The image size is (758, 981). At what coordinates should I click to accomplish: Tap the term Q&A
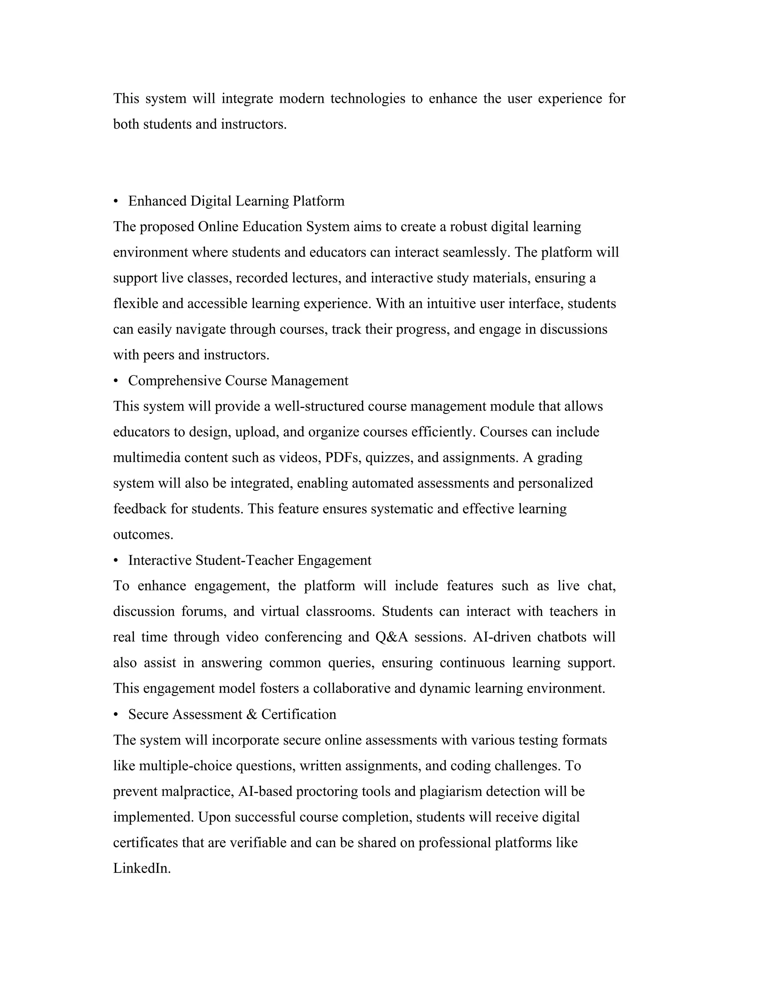(391, 637)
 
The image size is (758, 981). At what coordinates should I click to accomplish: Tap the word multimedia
(147, 457)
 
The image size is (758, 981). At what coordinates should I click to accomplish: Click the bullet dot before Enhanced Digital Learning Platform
(116, 201)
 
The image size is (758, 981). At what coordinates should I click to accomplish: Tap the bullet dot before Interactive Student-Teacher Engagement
(116, 560)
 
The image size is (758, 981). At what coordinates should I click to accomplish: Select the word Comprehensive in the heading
(175, 381)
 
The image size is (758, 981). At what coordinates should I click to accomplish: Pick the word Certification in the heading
(299, 714)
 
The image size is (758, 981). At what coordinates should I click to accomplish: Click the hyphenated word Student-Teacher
(244, 560)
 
